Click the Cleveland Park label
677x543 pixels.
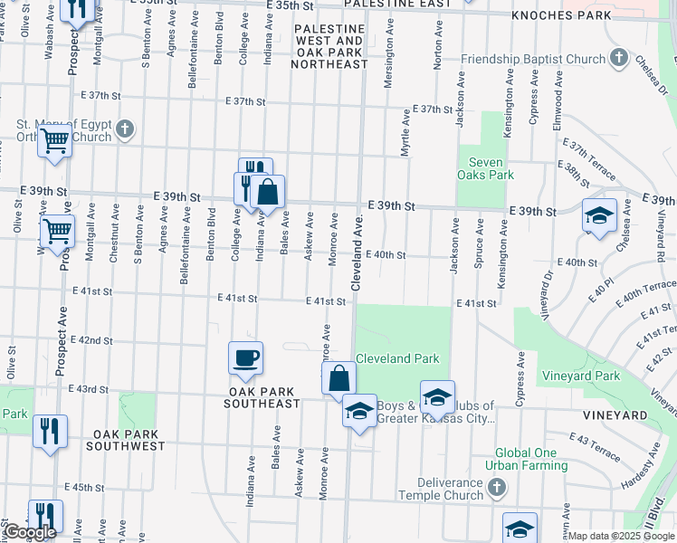pos(396,358)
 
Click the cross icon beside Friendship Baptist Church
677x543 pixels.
pos(619,60)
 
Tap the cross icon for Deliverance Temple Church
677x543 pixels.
pos(496,489)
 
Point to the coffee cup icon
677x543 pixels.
pos(245,358)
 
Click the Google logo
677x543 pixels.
pos(30,533)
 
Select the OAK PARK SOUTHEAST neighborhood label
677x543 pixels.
pos(262,403)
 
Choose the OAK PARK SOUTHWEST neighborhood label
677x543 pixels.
pos(127,446)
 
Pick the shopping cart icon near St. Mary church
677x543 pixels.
pos(55,141)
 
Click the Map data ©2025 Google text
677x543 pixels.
pos(621,536)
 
